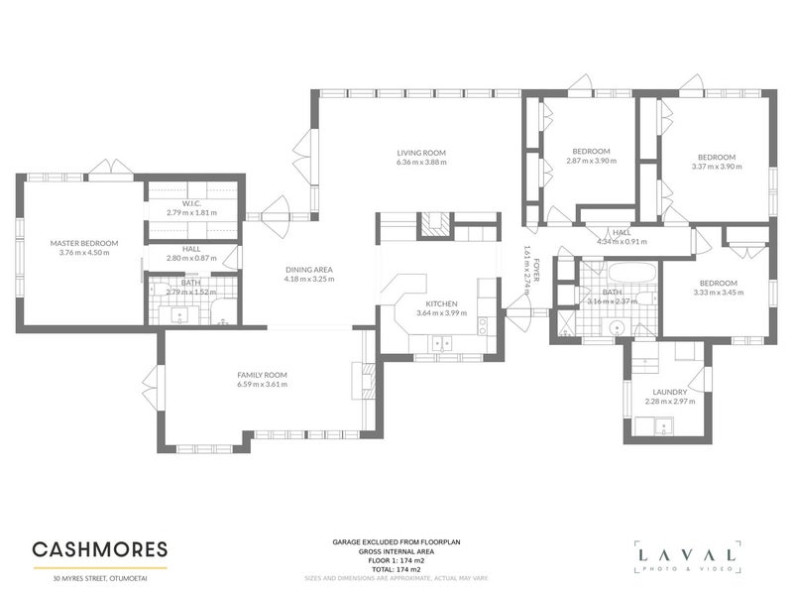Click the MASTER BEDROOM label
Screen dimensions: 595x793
[84, 243]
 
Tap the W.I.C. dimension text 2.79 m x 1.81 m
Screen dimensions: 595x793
[191, 212]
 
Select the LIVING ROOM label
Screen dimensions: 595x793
[421, 152]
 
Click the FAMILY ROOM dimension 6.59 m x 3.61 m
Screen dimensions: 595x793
[262, 384]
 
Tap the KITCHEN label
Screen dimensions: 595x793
[441, 303]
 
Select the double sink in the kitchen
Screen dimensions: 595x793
[440, 343]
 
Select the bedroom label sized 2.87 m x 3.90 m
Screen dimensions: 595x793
[589, 151]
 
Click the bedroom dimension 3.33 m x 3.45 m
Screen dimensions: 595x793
[716, 293]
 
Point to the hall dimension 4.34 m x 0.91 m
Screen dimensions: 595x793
[622, 241]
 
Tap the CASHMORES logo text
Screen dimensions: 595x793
[99, 548]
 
